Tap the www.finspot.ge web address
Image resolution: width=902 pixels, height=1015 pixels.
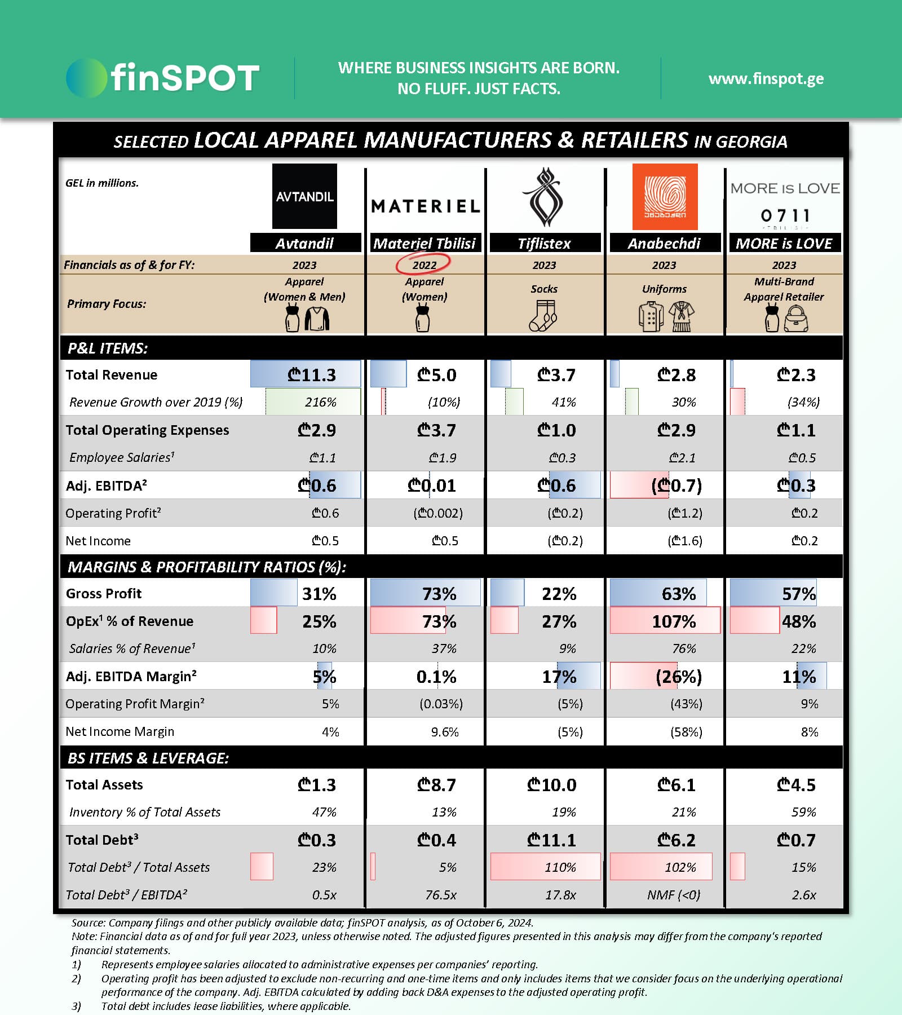(x=766, y=78)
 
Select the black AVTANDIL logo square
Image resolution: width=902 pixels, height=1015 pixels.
(x=304, y=196)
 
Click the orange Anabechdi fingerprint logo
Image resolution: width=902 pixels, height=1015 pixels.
(x=665, y=196)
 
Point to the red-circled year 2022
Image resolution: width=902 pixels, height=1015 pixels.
(x=424, y=264)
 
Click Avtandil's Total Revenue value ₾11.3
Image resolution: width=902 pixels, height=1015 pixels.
(x=312, y=374)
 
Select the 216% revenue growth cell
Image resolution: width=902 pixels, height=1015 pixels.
(x=320, y=402)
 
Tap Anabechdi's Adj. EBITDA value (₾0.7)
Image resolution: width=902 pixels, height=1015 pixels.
(x=676, y=486)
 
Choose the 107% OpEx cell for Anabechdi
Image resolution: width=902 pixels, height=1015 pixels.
(x=674, y=621)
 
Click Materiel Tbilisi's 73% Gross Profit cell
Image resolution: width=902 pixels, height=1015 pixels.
(x=439, y=594)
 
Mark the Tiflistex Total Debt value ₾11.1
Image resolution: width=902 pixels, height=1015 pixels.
(x=551, y=840)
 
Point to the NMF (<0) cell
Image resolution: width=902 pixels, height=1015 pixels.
(x=674, y=895)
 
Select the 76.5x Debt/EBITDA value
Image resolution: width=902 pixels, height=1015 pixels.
(x=441, y=895)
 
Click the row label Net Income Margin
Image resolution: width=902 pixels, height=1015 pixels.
(x=120, y=732)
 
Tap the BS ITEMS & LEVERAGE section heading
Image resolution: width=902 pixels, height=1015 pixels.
(x=148, y=758)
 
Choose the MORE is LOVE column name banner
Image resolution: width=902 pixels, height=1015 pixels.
(x=784, y=244)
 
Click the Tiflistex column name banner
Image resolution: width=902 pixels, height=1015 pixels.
(x=544, y=244)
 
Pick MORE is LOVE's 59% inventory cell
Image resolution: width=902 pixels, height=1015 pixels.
(x=803, y=812)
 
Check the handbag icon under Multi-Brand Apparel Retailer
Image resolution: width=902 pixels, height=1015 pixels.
(x=796, y=319)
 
